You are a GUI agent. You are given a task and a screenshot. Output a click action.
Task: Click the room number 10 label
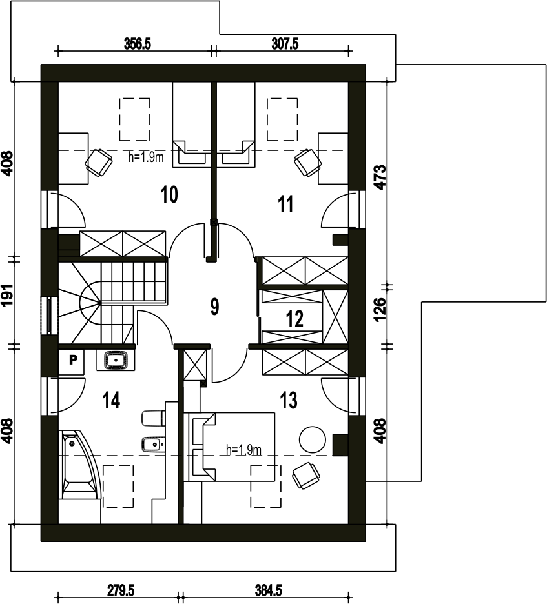point(169,194)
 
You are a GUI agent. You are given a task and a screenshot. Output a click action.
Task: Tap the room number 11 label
point(285,204)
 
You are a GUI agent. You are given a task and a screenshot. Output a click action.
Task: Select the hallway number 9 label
point(214,307)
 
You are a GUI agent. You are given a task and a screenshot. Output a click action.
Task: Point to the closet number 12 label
point(295,319)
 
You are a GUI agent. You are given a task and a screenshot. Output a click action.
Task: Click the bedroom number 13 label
point(289,400)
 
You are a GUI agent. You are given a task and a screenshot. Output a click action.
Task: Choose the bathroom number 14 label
point(112,400)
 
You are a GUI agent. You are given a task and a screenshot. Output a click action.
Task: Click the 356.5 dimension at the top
point(137,44)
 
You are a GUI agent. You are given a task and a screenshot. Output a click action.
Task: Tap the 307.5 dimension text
point(285,44)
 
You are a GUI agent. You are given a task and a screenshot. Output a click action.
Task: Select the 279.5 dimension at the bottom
point(121,590)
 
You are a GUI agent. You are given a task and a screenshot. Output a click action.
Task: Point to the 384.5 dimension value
point(269,590)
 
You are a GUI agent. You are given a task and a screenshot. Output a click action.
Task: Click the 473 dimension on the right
point(380,177)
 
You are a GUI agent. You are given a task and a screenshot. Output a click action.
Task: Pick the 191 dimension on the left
point(8,296)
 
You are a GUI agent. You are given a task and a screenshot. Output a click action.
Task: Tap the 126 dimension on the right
point(380,309)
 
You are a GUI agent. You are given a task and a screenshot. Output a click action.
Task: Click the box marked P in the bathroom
point(72,361)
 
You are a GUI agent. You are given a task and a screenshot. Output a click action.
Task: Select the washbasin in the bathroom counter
point(116,361)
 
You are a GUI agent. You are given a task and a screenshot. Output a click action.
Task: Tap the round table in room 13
point(313,439)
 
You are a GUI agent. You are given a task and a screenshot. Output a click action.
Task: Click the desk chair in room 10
point(99,163)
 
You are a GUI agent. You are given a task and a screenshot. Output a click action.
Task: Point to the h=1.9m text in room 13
point(244,450)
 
